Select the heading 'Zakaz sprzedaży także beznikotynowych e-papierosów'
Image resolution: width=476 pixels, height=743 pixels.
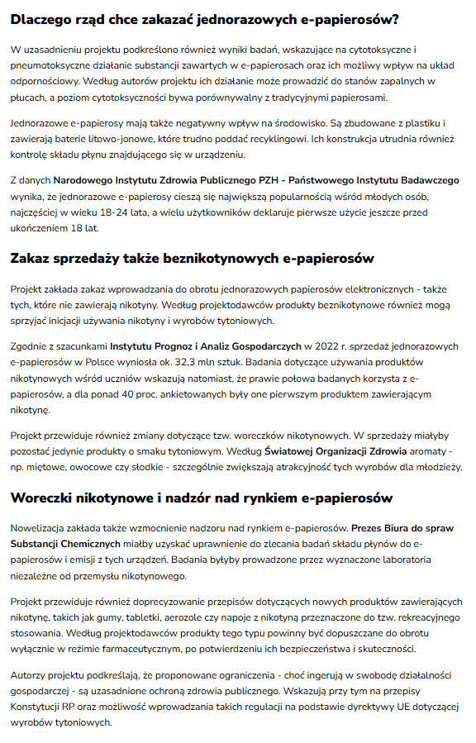[192, 259]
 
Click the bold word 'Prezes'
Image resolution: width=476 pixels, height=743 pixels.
[369, 526]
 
